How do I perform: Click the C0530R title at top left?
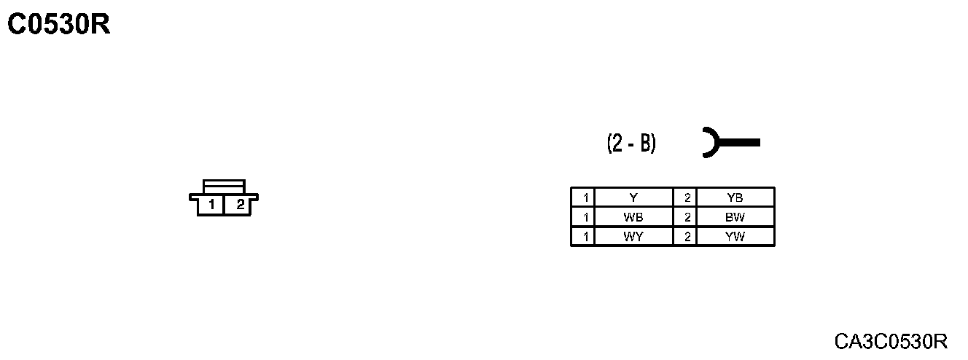(58, 25)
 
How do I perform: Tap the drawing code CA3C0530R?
(891, 341)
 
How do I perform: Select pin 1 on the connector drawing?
(211, 205)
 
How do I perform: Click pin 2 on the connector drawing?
(239, 205)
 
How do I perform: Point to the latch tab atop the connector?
(225, 186)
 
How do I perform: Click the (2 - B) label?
(631, 144)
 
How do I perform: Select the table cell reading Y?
(633, 197)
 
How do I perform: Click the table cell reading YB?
(735, 197)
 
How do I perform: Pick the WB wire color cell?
(633, 217)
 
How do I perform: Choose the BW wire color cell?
(735, 217)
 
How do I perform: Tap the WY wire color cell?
(633, 237)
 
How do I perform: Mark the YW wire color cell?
(735, 237)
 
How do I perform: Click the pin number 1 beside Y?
(583, 197)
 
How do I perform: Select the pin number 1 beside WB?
(583, 217)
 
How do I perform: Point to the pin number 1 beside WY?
(583, 237)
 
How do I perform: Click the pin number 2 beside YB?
(686, 197)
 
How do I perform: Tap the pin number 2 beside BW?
(686, 217)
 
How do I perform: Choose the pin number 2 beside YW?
(686, 237)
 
